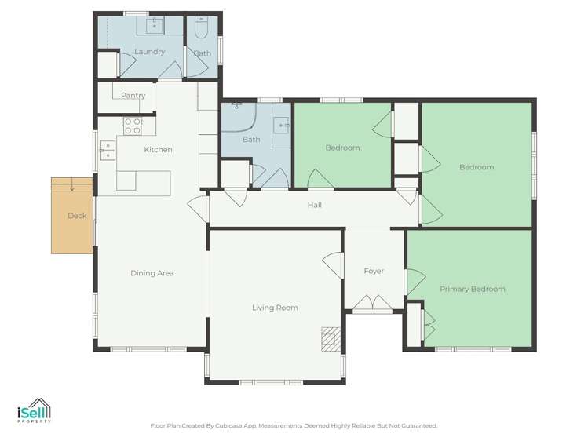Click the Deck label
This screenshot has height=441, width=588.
point(76,216)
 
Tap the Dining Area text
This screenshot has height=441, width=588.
point(152,273)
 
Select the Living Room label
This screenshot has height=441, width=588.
point(275,308)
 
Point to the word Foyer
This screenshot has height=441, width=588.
point(374,271)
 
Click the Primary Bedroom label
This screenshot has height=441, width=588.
point(472,289)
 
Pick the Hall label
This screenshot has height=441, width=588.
point(315,206)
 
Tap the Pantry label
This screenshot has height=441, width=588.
point(133,96)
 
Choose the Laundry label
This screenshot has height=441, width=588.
point(149,52)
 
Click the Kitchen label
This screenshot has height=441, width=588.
point(158,149)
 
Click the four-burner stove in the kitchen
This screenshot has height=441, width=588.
point(132,126)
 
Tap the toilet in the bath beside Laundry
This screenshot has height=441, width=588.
point(202,30)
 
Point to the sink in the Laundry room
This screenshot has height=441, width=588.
point(155,25)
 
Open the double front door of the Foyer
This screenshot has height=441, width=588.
point(372,304)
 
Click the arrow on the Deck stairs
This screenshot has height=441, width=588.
point(71,186)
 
